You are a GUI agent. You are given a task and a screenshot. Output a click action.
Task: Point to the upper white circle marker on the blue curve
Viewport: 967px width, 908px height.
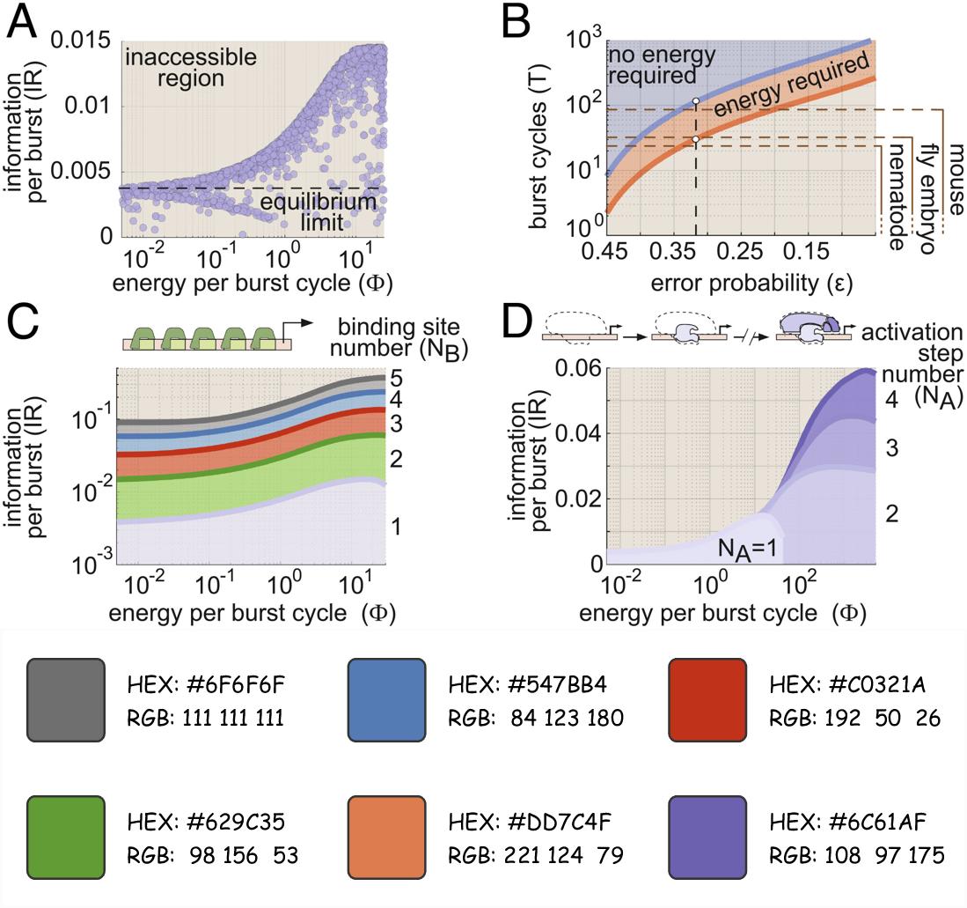(x=696, y=101)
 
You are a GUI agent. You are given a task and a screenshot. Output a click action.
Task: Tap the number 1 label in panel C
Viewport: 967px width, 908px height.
(x=398, y=526)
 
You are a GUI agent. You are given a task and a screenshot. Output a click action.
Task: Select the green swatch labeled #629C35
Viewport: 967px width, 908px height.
(x=66, y=831)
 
